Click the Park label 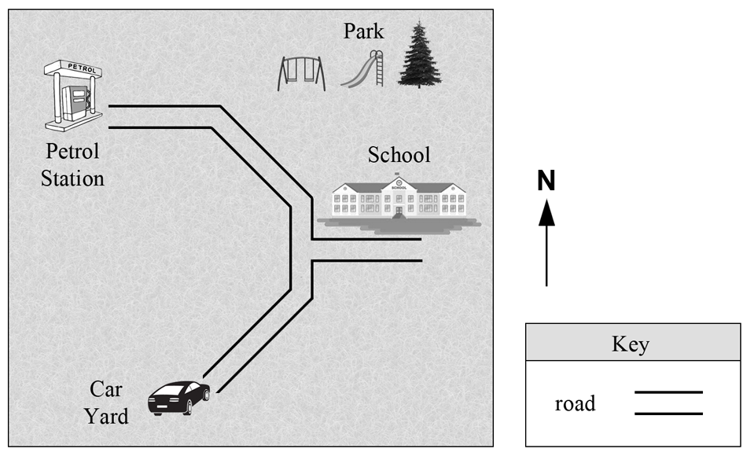[363, 31]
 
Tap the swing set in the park [301, 74]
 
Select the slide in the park [362, 69]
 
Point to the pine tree [419, 54]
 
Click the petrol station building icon [74, 96]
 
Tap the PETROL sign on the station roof [82, 68]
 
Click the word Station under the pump [72, 179]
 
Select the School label [399, 155]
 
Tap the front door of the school [399, 210]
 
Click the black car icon [179, 398]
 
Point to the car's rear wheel [188, 408]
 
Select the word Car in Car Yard [106, 389]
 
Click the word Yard [107, 417]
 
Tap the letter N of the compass [546, 181]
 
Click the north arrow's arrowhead [546, 213]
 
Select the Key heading [631, 344]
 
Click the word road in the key [575, 403]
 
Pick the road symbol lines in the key [668, 403]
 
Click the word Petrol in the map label [72, 152]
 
